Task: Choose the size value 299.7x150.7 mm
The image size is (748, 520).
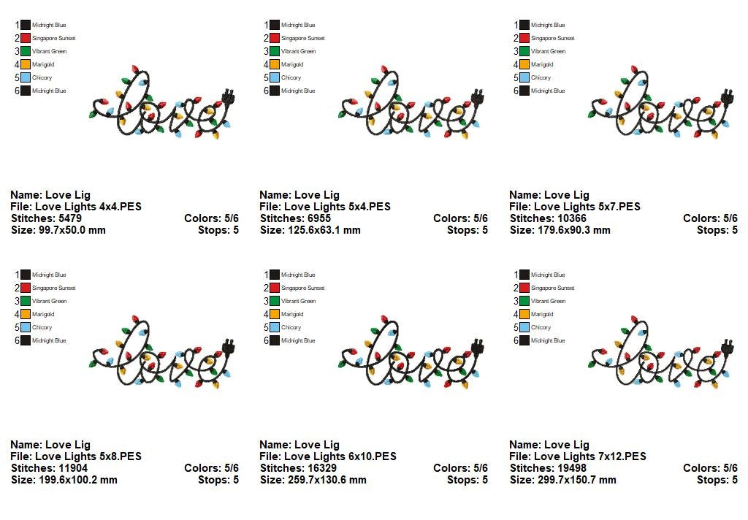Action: point(576,480)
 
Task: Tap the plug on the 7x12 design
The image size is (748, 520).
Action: point(728,345)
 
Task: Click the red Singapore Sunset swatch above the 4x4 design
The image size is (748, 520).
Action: point(26,38)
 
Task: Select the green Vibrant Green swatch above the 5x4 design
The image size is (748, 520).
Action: point(275,51)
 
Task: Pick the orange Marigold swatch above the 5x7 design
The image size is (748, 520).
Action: point(524,64)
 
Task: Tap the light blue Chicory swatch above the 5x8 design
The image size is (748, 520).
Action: point(26,327)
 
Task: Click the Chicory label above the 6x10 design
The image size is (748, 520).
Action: point(291,327)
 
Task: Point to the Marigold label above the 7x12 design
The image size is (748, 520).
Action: point(541,314)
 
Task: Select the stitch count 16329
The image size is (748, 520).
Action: point(321,468)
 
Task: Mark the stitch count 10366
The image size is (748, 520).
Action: point(571,218)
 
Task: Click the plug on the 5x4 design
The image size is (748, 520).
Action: point(478,96)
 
